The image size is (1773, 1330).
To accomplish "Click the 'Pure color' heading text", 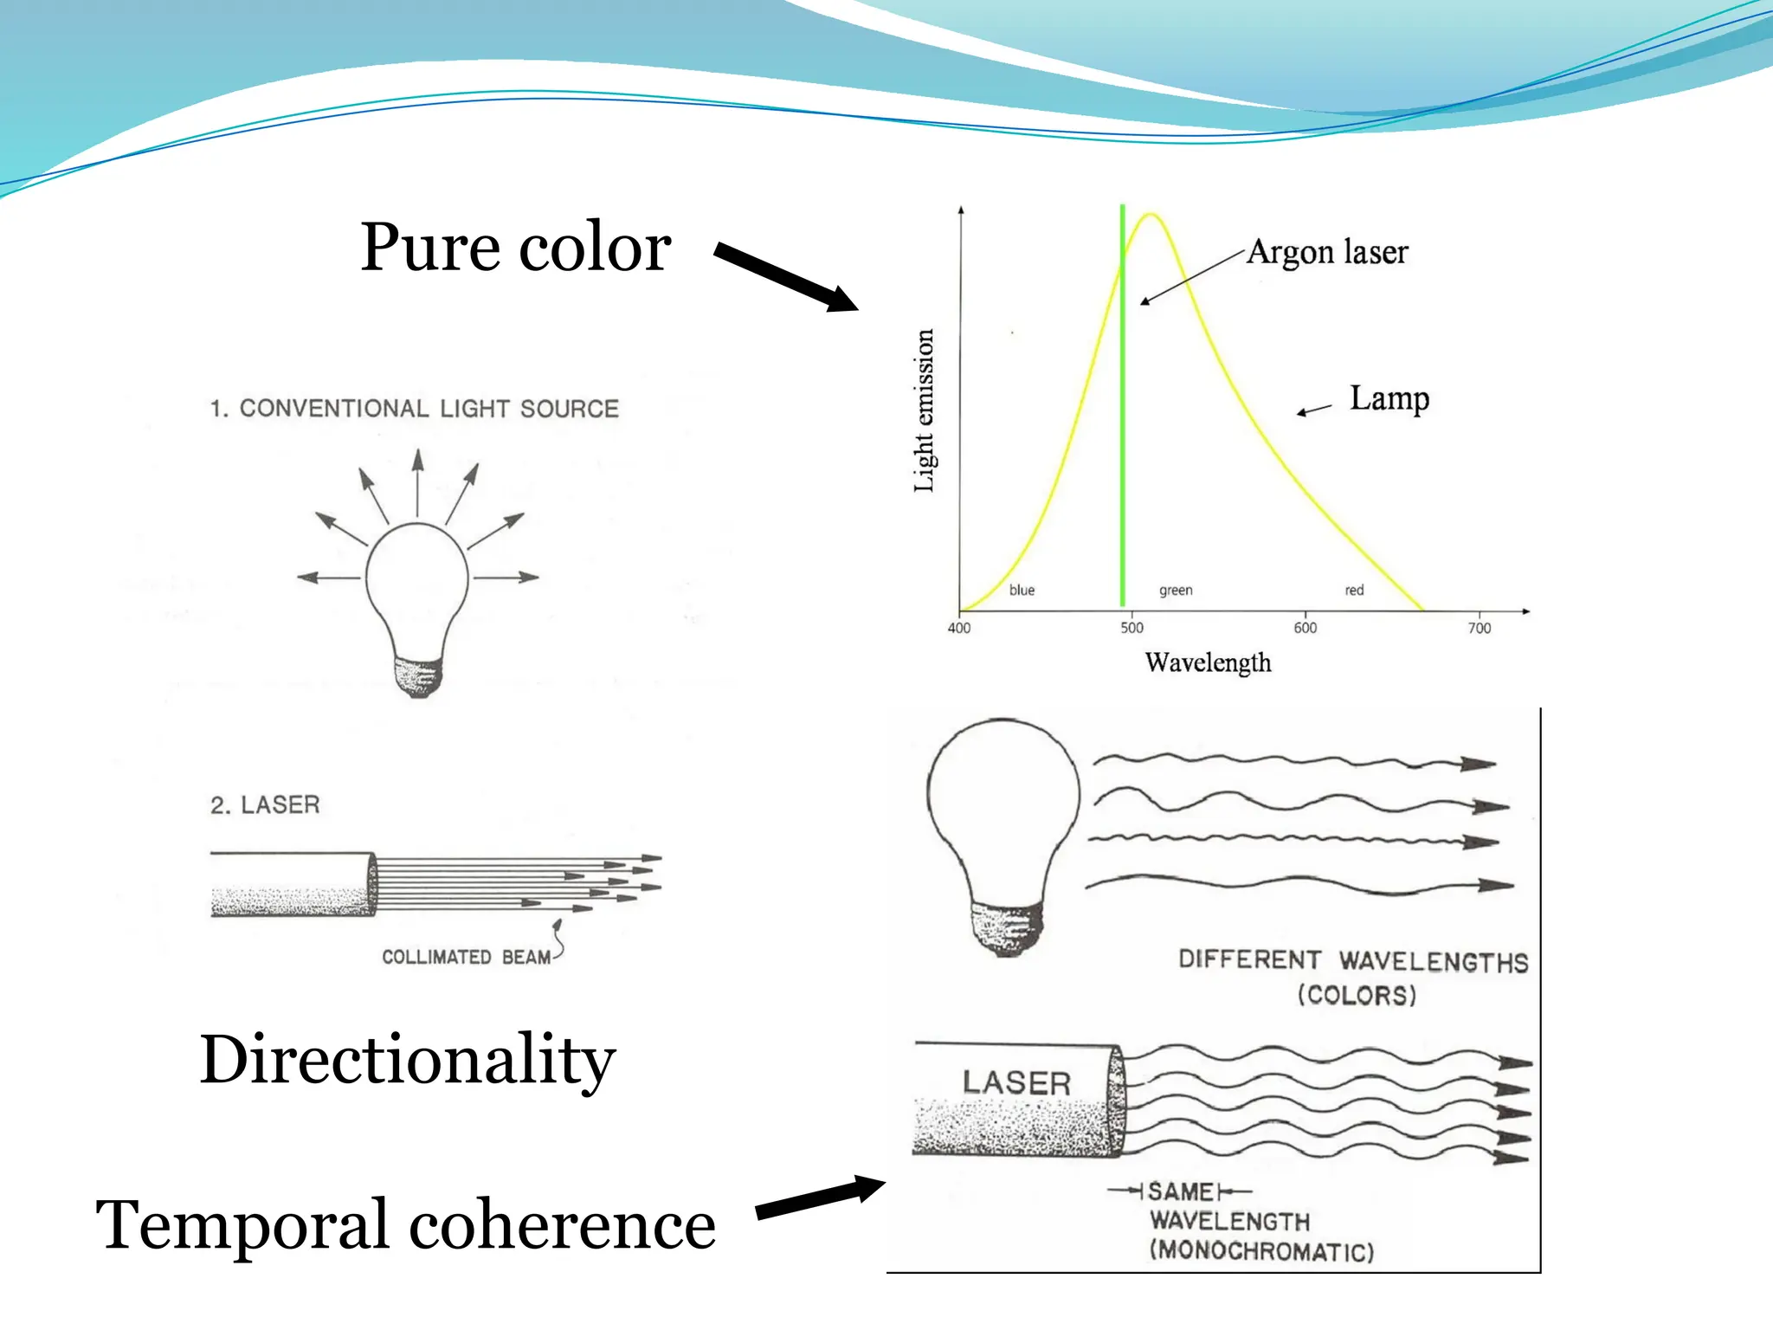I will (515, 248).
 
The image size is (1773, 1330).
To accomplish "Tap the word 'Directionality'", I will (408, 1060).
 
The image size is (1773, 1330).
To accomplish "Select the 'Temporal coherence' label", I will (405, 1224).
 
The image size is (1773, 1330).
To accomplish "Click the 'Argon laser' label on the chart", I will (1327, 252).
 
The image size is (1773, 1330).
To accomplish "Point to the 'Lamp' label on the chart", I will (1389, 398).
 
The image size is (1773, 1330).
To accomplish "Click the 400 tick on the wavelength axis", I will (959, 628).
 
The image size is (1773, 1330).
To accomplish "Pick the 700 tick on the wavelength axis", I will (1480, 628).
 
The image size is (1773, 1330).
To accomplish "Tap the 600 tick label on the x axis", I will (1306, 628).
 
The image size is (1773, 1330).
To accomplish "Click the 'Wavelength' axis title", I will (1208, 662).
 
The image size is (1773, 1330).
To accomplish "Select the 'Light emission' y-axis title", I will (925, 410).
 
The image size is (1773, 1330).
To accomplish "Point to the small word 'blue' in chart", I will (1022, 591).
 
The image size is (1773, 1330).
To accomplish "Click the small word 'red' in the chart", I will (1354, 591).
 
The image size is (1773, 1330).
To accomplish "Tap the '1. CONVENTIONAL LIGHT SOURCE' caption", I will (415, 409).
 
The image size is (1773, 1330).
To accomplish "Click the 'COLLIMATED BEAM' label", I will (467, 957).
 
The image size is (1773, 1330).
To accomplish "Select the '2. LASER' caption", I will (265, 805).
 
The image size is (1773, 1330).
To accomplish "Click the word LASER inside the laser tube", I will (1016, 1082).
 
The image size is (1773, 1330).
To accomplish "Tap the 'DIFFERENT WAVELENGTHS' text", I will (1353, 961).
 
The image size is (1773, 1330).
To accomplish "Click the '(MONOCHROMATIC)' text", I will (1261, 1251).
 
